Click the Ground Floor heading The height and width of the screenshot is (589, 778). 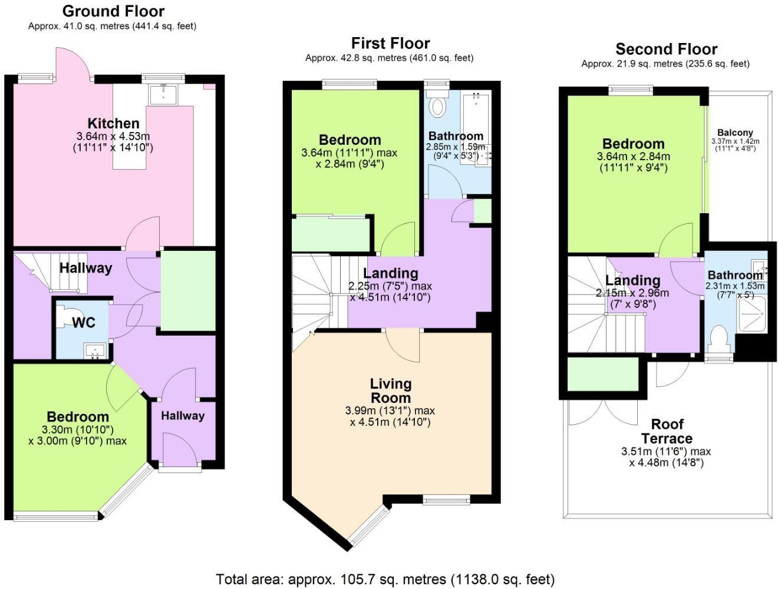coord(113,11)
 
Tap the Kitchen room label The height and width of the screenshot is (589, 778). coord(113,123)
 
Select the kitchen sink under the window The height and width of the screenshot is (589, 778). coord(163,95)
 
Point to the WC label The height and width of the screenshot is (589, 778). coord(84,323)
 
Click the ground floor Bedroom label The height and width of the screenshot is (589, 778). coord(78,417)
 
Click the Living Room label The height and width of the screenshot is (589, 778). coord(390,391)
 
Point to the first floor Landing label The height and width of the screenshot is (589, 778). coord(390,273)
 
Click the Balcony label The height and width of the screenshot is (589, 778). coord(735,133)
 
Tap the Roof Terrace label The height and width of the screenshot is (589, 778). coord(667,431)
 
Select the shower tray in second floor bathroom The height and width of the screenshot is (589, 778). coord(752,314)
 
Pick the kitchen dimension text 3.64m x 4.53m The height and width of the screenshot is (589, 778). coord(113,136)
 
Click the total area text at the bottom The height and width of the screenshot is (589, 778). coord(385,579)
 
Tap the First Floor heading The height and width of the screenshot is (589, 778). coord(390,43)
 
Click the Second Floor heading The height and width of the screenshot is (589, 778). coord(666,49)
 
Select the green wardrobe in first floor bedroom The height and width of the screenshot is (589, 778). coord(331,234)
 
